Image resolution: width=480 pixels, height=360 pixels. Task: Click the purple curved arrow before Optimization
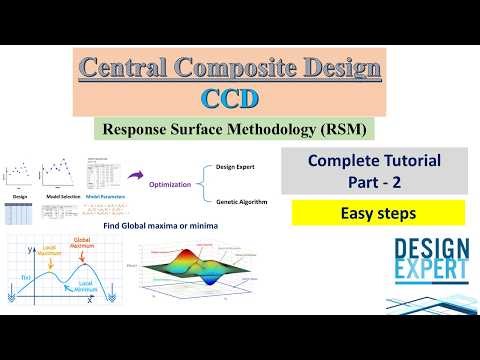tap(134, 177)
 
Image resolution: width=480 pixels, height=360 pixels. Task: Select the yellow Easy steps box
tap(379, 213)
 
